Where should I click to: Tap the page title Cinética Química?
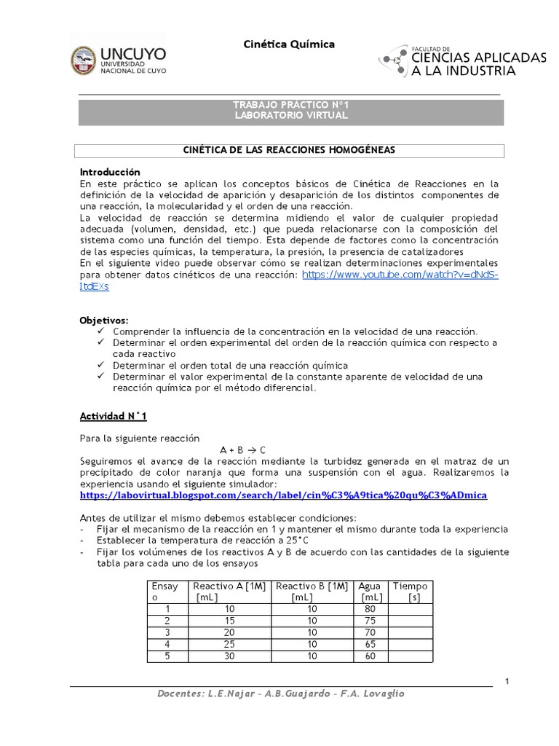click(289, 44)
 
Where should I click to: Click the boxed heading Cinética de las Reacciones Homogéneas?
click(290, 149)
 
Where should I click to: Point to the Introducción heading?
click(109, 172)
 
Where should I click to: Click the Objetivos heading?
click(103, 320)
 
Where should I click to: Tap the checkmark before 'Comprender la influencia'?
click(100, 331)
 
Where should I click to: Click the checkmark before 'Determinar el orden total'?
click(100, 365)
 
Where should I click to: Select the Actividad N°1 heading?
click(113, 416)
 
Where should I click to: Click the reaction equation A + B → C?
click(243, 449)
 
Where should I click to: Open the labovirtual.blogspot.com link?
click(283, 495)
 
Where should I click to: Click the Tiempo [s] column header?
click(410, 592)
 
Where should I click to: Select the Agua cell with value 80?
click(370, 610)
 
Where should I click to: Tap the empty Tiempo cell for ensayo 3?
click(410, 633)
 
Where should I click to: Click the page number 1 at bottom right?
click(506, 681)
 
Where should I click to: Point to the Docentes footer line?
click(281, 694)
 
